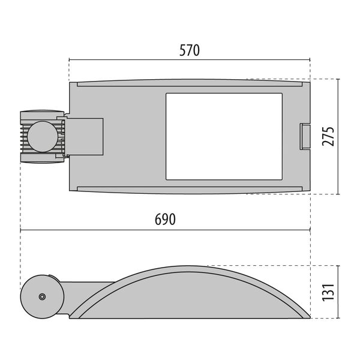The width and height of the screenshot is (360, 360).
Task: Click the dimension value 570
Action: (189, 50)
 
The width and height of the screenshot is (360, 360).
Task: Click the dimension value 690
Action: (165, 220)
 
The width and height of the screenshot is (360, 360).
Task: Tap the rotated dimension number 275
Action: (328, 137)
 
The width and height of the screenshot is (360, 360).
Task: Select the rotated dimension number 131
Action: (328, 292)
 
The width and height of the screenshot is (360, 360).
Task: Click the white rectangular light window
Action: (223, 136)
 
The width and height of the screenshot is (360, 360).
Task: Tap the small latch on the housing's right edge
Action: (305, 136)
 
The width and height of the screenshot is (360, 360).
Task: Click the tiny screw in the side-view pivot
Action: (42, 297)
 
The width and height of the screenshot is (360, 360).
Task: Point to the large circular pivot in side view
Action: (42, 296)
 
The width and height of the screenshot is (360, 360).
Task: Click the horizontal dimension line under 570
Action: (189, 60)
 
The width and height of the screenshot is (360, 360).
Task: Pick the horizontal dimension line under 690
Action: (165, 230)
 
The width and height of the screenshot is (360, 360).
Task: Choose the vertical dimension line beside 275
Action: (338, 137)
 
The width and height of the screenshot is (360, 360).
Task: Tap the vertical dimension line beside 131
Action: (338, 292)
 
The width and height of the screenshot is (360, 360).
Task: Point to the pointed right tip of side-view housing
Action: (308, 316)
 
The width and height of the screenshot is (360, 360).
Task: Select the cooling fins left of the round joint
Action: (24, 136)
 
